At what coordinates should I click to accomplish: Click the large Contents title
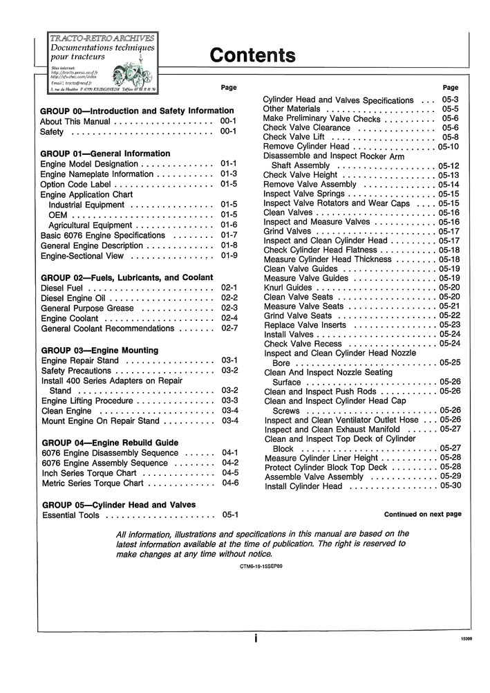[x=252, y=55]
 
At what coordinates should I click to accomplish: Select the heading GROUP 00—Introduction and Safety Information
[x=138, y=111]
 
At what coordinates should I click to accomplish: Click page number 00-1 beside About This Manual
[x=229, y=121]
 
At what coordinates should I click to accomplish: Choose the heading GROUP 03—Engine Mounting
[x=100, y=351]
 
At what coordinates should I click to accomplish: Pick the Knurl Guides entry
[x=288, y=287]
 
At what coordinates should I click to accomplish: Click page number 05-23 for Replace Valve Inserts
[x=449, y=324]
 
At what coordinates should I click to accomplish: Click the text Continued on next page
[x=422, y=515]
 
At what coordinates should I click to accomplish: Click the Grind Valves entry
[x=288, y=231]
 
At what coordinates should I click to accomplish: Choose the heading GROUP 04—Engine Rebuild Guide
[x=110, y=443]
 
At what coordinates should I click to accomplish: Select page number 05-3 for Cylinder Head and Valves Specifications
[x=451, y=100]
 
